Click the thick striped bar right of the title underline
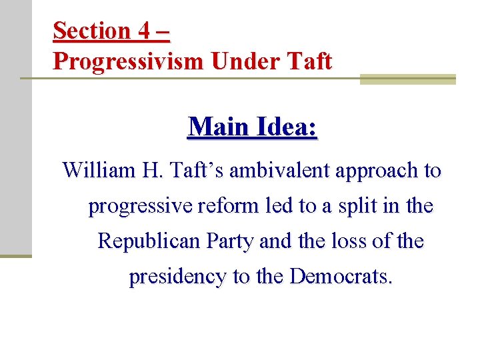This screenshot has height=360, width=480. click(x=407, y=79)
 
